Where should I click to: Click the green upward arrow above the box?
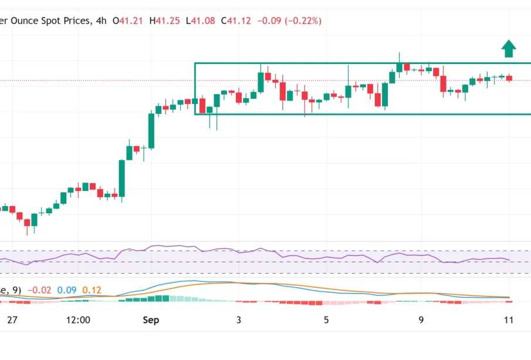(x=509, y=49)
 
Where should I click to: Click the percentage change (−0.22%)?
(x=303, y=21)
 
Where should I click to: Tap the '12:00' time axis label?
(x=79, y=320)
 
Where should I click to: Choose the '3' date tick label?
(x=239, y=320)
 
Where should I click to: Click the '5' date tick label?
(x=326, y=320)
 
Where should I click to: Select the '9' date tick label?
(x=421, y=320)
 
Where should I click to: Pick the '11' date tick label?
(x=508, y=320)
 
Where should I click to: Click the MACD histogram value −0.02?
(x=39, y=290)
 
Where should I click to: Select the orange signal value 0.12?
(x=93, y=290)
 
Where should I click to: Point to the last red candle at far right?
(x=509, y=78)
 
